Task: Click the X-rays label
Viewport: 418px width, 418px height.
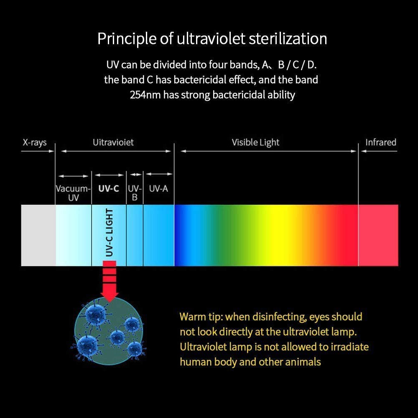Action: point(35,143)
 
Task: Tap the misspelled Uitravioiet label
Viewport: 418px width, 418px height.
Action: point(113,143)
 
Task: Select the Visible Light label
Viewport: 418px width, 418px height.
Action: point(255,143)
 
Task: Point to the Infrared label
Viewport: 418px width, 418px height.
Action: point(381,143)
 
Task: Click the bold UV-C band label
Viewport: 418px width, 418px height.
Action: point(109,189)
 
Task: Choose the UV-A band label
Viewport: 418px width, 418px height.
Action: point(158,189)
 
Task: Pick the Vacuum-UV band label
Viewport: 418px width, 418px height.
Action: point(73,193)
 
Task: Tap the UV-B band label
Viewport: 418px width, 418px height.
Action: point(135,193)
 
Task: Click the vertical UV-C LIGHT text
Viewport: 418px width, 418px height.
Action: point(109,232)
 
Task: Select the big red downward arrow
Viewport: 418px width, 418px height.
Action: point(109,281)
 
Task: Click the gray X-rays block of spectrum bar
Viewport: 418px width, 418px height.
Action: point(38,235)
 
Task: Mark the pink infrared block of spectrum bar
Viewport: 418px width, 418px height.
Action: point(378,235)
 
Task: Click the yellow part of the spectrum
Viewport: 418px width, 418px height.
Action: point(275,235)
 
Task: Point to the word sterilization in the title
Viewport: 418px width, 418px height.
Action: point(288,38)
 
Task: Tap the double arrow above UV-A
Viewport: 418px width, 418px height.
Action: point(159,174)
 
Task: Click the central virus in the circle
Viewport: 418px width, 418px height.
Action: point(117,337)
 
